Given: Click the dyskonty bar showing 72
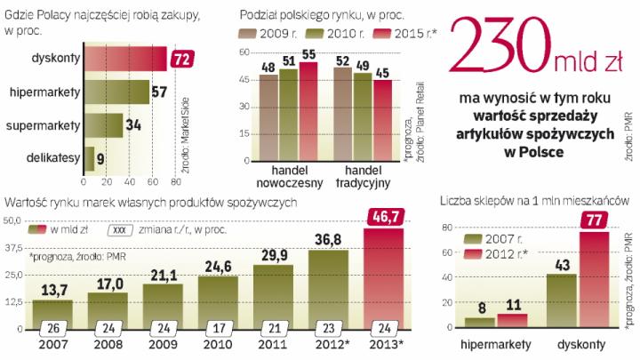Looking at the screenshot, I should pos(124,60).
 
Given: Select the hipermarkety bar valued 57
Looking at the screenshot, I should pos(116,92).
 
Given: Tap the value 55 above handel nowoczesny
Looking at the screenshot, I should pos(308,55).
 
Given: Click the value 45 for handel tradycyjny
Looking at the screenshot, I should pos(382,72).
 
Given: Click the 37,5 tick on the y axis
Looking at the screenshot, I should pos(15,249).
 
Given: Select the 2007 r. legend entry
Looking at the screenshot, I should pos(497,239).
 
